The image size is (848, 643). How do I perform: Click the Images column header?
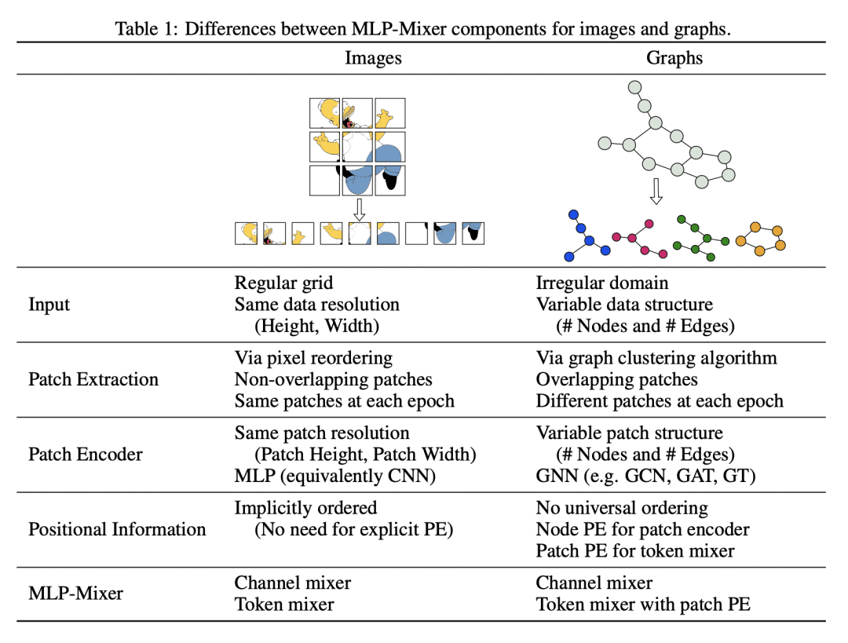click(x=373, y=58)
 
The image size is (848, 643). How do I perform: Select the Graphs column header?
click(x=674, y=58)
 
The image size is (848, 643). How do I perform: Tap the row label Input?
click(x=49, y=304)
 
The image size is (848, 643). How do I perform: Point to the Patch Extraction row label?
click(x=93, y=379)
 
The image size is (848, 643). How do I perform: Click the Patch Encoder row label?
click(x=86, y=454)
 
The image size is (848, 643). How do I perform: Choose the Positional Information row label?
click(x=117, y=529)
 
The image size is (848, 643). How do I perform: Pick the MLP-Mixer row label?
click(x=75, y=593)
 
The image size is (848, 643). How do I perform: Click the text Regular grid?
click(x=283, y=283)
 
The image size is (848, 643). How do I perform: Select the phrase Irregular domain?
click(x=602, y=283)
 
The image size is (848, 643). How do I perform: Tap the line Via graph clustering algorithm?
click(x=656, y=358)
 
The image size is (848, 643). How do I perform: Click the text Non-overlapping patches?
click(x=333, y=380)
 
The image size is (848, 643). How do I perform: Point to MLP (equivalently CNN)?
click(x=334, y=476)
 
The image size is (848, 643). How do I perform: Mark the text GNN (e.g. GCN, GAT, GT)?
click(x=646, y=476)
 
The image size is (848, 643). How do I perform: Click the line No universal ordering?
click(x=622, y=508)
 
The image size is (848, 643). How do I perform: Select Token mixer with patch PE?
click(x=643, y=605)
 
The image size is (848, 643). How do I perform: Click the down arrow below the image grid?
click(x=359, y=209)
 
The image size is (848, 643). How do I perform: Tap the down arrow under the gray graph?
click(x=657, y=190)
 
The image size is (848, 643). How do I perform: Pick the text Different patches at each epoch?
click(x=660, y=401)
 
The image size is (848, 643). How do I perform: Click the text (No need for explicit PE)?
click(x=353, y=529)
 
